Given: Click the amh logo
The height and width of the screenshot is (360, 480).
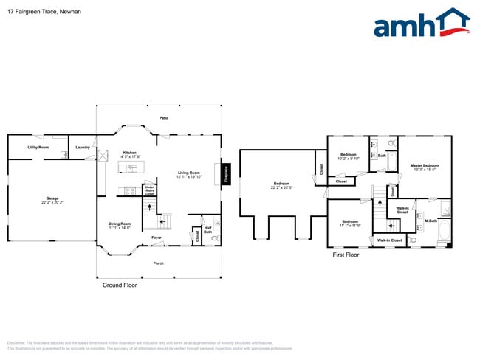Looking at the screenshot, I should [x=421, y=24].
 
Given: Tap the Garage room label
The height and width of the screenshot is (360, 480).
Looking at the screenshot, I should [x=52, y=199].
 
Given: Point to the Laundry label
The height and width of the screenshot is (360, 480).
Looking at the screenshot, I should [x=83, y=148].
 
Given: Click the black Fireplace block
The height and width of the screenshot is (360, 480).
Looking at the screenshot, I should [x=227, y=174].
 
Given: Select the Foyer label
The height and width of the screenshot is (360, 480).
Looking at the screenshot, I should [x=157, y=238].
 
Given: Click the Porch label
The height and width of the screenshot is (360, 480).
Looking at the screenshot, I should [x=158, y=263].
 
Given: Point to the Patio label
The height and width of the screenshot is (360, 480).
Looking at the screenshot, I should [x=163, y=118].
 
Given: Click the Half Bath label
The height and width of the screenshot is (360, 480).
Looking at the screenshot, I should [x=208, y=229].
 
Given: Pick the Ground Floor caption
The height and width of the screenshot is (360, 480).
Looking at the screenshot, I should [x=119, y=285].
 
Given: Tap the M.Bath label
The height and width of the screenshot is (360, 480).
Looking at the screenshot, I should [x=431, y=221].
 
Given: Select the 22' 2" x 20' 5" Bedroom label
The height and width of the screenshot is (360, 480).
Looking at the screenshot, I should [x=282, y=185].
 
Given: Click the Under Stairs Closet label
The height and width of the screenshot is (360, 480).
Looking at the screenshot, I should [x=149, y=190].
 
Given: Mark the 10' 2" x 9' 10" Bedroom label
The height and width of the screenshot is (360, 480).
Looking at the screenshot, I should [x=348, y=156].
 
